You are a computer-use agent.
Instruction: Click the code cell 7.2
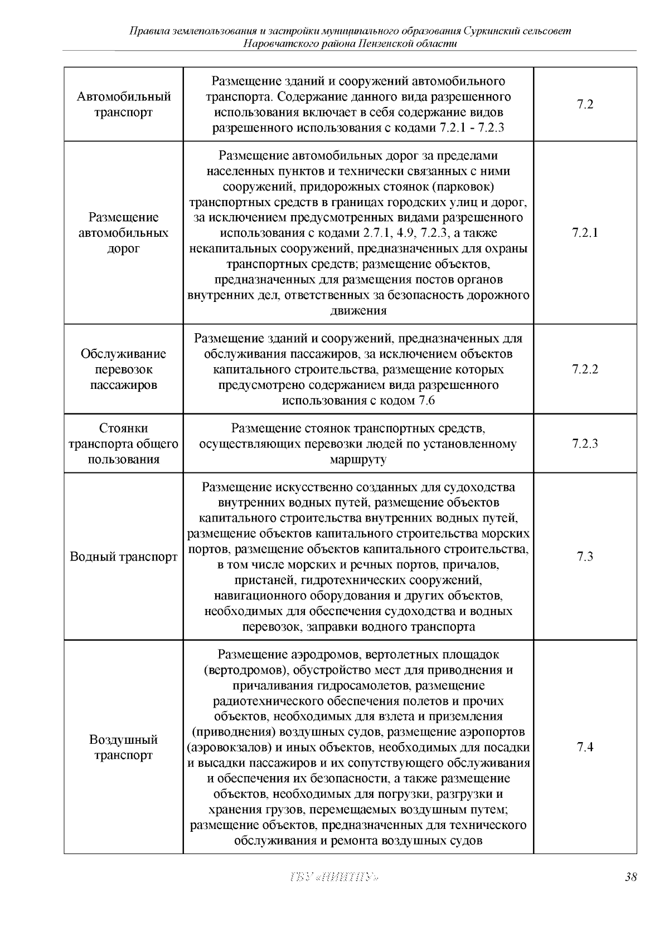point(585,104)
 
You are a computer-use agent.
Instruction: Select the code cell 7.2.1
point(585,232)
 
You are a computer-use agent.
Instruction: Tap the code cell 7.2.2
point(585,369)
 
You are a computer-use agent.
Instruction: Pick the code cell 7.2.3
point(585,443)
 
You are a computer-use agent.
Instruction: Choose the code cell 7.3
point(585,557)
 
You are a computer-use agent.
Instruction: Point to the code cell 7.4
point(585,747)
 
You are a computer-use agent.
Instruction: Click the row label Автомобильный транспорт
point(123,104)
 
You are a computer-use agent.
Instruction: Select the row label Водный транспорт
point(123,557)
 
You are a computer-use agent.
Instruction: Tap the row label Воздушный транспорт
point(123,747)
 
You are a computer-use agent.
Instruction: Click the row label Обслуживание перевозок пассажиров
point(123,369)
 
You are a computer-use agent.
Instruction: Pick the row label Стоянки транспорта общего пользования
point(123,443)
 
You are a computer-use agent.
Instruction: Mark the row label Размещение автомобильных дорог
point(123,232)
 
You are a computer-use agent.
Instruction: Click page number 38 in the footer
point(631,877)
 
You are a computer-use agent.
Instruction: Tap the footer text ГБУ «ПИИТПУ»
point(334,877)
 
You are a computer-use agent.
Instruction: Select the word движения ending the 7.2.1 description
point(358,311)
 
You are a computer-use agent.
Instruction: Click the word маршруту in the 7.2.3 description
point(358,460)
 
